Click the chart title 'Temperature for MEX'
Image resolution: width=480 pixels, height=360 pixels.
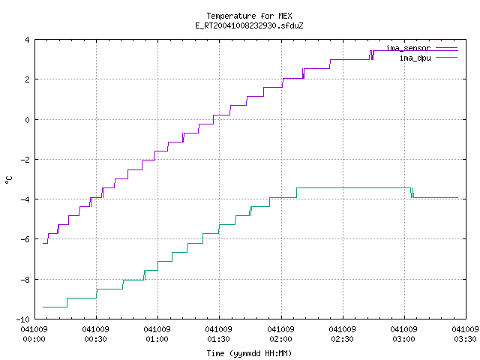coord(249,16)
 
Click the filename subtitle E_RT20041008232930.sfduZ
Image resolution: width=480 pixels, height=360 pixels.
coord(249,25)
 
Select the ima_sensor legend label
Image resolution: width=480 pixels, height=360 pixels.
coord(408,48)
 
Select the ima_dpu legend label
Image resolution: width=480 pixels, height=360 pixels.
coord(415,58)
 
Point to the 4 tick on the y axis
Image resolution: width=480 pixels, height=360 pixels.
coord(28,40)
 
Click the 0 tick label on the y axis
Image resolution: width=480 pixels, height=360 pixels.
coord(28,120)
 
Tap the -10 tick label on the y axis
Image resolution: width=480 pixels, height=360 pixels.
coord(23,319)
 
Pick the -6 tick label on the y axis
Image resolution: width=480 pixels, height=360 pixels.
coord(25,239)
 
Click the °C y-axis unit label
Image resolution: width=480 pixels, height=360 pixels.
coord(9,180)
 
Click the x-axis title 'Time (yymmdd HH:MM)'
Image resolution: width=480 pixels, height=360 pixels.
coord(249,353)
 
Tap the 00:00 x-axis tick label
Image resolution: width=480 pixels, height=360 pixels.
coord(34,339)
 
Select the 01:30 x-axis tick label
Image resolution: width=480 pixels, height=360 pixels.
coord(218,339)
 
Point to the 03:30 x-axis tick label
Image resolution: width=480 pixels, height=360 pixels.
coord(465,339)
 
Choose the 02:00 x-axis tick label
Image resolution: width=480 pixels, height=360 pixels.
coord(280,339)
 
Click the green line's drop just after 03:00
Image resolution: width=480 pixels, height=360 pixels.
coord(412,193)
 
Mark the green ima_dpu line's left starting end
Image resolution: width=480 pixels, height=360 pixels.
coord(43,307)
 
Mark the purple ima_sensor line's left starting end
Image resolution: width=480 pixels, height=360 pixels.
coord(43,243)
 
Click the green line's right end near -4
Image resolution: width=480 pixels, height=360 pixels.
coord(458,197)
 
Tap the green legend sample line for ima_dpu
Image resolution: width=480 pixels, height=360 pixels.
coord(446,57)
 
